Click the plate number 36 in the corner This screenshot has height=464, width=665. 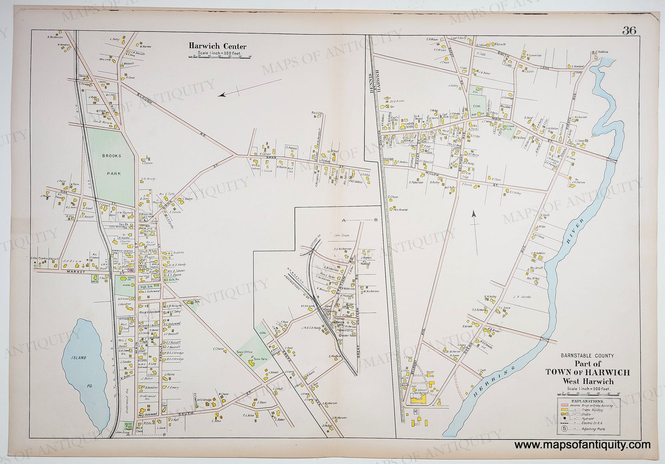629,31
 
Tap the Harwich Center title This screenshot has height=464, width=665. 217,46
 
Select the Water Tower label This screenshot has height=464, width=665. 339,336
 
